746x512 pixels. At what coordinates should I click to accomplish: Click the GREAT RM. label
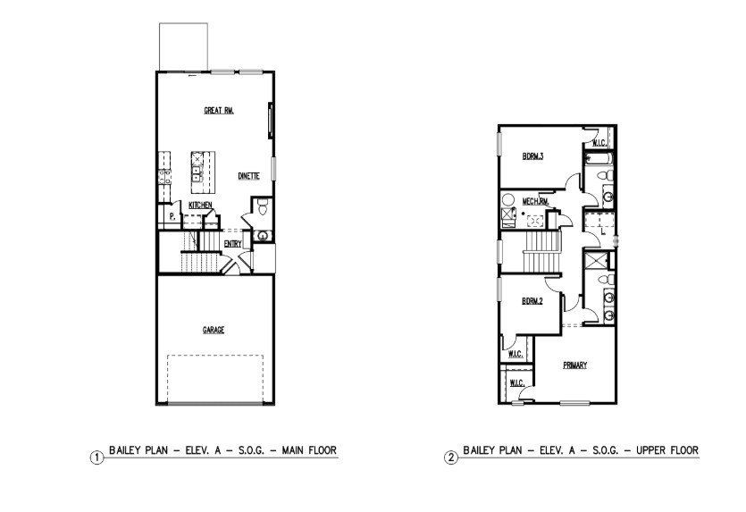pos(219,111)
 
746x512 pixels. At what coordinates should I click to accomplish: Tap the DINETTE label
pos(249,176)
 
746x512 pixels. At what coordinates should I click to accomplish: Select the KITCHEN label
pos(200,206)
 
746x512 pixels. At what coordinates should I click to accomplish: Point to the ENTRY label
pos(232,243)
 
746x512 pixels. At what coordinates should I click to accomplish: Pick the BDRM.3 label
pos(533,156)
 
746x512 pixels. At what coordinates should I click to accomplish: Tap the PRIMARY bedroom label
pos(574,365)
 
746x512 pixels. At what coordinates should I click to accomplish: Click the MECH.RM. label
pos(536,201)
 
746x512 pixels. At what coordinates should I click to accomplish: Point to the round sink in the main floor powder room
pos(262,235)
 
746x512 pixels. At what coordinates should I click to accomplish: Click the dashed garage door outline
pos(216,379)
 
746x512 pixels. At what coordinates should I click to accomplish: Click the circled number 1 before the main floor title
pos(96,457)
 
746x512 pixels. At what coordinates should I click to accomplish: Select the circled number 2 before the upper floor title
pos(451,457)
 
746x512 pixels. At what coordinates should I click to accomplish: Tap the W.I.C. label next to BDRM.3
pos(598,143)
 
